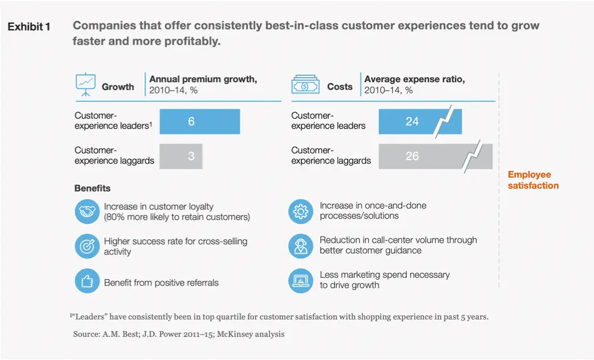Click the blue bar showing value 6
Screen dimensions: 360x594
coord(199,122)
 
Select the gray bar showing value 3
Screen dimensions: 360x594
coord(180,156)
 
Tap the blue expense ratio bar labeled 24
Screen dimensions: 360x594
coord(407,122)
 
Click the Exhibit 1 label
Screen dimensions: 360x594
coord(29,27)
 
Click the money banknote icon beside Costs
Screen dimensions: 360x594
coord(305,87)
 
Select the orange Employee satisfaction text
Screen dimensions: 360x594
coord(533,180)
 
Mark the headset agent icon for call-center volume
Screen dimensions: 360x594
coord(300,246)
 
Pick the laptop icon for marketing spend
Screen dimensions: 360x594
coord(300,280)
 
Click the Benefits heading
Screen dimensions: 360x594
coord(92,188)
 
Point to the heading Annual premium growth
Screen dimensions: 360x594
coord(203,80)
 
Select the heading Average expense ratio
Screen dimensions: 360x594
coord(415,80)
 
